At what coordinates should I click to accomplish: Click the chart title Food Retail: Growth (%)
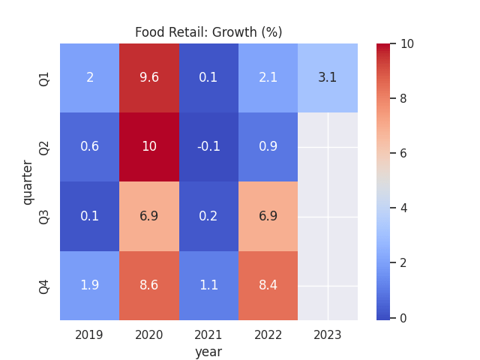[x=208, y=32]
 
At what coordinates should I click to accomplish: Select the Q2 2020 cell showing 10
[x=149, y=147]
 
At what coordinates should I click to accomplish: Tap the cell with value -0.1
[x=208, y=147]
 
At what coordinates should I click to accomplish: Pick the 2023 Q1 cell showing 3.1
[x=328, y=78]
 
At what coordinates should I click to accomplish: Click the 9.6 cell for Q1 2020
[x=149, y=78]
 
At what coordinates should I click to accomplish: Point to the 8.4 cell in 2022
[x=268, y=286]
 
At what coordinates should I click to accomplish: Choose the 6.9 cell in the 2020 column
[x=149, y=216]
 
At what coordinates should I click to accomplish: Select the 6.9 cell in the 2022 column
[x=268, y=216]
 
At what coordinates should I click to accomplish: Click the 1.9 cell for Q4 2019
[x=90, y=286]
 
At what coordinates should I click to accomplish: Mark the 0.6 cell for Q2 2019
[x=90, y=147]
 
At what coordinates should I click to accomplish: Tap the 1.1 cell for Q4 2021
[x=208, y=286]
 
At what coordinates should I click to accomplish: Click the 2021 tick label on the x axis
[x=208, y=334]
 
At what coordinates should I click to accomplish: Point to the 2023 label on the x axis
[x=328, y=334]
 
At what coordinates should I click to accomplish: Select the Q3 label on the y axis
[x=44, y=216]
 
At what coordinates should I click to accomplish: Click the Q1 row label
[x=44, y=78]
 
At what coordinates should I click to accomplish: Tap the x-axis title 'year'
[x=208, y=351]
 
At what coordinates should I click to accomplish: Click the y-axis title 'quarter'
[x=28, y=181]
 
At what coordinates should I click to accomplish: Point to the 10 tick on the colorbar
[x=407, y=44]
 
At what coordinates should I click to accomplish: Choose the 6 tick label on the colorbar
[x=404, y=154]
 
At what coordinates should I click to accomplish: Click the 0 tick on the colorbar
[x=404, y=318]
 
